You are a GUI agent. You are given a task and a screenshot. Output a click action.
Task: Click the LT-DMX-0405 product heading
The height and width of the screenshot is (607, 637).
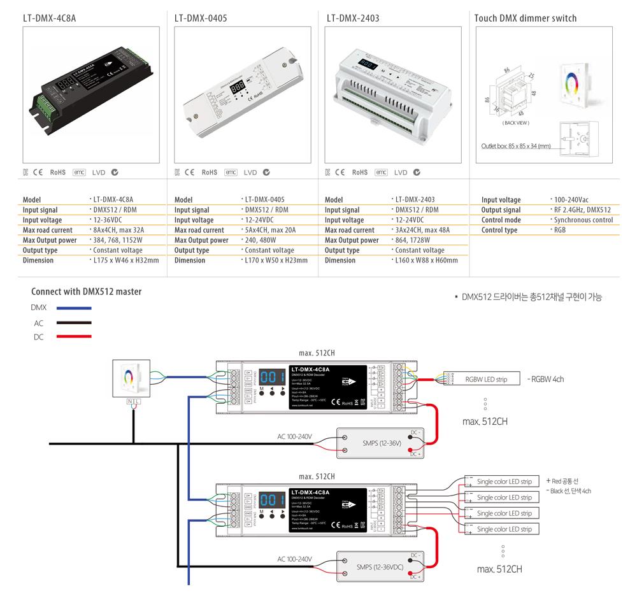pos(200,18)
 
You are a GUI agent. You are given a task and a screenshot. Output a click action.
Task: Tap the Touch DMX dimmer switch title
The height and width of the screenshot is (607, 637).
pos(525,18)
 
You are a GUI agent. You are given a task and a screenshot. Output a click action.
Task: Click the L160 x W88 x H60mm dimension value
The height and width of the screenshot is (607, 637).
pos(426,261)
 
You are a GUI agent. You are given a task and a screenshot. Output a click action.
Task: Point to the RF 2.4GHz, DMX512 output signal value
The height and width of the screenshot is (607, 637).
pos(582,210)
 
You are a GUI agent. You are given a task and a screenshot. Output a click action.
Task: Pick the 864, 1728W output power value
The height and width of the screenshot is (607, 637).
pos(415,240)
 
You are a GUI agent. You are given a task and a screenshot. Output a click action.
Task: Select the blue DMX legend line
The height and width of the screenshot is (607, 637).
pos(73,308)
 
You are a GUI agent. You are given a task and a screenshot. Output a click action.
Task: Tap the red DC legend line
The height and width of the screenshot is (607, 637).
pos(73,337)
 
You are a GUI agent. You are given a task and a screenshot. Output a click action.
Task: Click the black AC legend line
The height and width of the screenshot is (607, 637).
pos(73,323)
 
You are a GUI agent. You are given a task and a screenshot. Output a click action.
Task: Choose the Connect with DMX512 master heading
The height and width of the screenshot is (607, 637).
pos(86,292)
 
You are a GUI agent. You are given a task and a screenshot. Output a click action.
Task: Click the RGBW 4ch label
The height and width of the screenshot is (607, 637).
pos(546,380)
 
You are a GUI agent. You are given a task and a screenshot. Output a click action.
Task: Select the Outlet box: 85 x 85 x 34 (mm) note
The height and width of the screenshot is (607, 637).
pos(516,146)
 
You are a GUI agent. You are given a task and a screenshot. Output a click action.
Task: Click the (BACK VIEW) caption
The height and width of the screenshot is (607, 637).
pos(516,122)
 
